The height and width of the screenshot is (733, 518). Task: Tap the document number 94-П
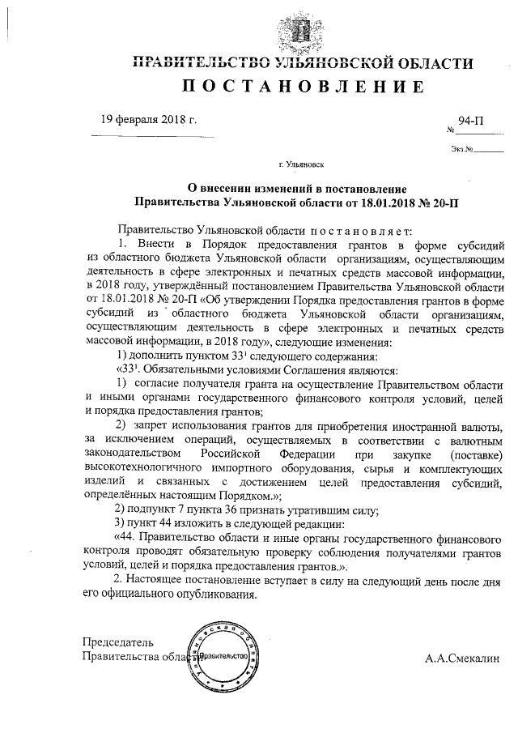[x=471, y=121]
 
